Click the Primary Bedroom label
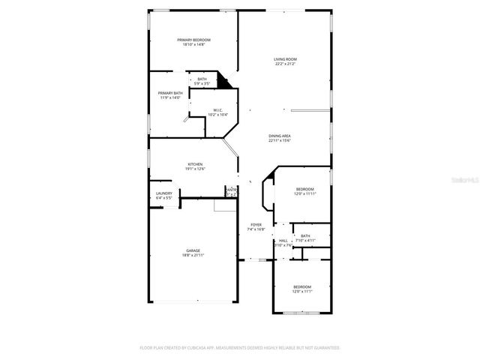(x=193, y=40)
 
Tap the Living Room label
(x=285, y=58)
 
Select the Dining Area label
(x=280, y=136)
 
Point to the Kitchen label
(x=195, y=164)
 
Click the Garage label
(x=193, y=250)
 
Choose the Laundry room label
(x=164, y=193)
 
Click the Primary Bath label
(x=170, y=93)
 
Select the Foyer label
(x=256, y=224)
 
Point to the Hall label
(x=283, y=241)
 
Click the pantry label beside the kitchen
(x=232, y=190)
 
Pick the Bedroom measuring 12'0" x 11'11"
(x=304, y=189)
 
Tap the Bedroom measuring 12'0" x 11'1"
(x=301, y=286)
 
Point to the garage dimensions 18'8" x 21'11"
(x=193, y=255)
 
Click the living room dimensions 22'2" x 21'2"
(x=285, y=63)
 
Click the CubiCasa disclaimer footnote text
(x=240, y=348)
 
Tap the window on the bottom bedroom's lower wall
(x=301, y=311)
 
